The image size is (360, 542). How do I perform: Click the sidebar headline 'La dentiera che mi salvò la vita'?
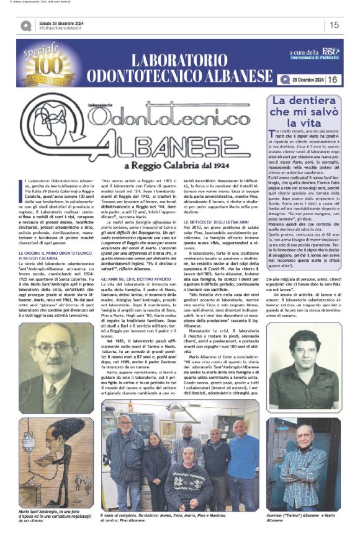coord(304,113)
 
